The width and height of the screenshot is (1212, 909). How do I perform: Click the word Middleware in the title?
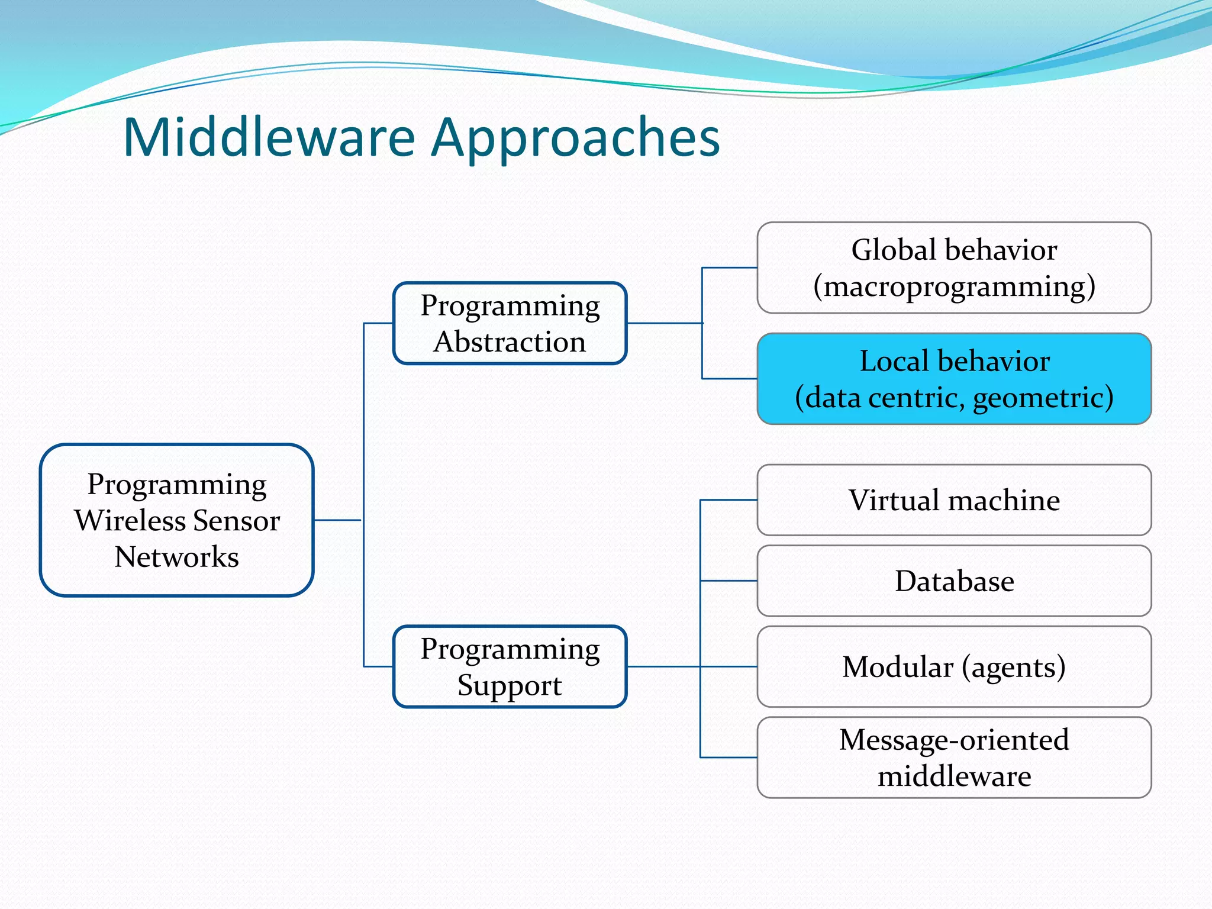pos(269,137)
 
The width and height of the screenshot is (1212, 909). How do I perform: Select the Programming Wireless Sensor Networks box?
pos(176,520)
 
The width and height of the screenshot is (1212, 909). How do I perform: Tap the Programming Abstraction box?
pos(510,323)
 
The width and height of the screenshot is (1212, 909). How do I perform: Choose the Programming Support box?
pos(510,666)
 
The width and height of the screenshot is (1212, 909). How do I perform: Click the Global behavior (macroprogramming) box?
pos(954,267)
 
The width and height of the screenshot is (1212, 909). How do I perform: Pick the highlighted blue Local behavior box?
pos(954,379)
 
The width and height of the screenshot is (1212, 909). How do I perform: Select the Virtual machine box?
pos(954,500)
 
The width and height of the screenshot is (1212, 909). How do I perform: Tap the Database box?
pos(954,581)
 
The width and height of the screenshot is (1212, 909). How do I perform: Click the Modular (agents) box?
pos(954,666)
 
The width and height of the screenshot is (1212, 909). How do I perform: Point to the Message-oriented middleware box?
pos(954,757)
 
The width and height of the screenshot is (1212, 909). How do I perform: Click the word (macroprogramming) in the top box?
pos(954,286)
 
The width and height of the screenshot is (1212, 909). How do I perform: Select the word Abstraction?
pos(510,342)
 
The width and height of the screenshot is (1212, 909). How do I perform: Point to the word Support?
pos(510,685)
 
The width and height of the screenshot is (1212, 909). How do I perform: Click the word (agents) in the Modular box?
pos(1013,667)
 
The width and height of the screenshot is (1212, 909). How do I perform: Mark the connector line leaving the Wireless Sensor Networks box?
pos(337,520)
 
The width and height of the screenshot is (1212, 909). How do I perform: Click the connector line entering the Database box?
pos(728,581)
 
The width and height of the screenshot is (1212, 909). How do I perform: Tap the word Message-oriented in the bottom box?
pos(954,740)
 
